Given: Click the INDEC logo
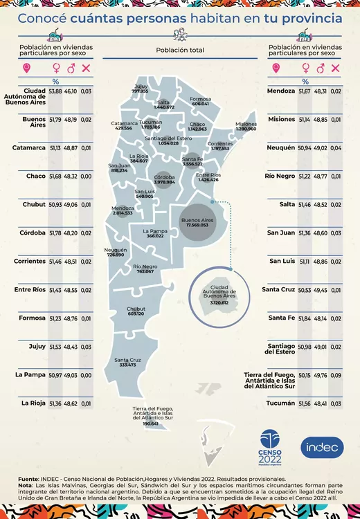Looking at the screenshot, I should pyautogui.click(x=322, y=448).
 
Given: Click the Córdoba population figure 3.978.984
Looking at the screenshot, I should pyautogui.click(x=165, y=182).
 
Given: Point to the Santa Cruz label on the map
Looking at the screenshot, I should pyautogui.click(x=128, y=360).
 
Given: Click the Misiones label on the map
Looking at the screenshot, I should pyautogui.click(x=246, y=124).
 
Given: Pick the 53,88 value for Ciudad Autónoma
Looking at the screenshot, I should pyautogui.click(x=55, y=91).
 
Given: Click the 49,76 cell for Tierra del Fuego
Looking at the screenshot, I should pyautogui.click(x=321, y=375).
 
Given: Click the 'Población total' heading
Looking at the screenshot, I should pyautogui.click(x=180, y=50).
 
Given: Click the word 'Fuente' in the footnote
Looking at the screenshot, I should pyautogui.click(x=28, y=478).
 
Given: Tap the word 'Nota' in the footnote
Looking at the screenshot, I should pyautogui.click(x=26, y=485).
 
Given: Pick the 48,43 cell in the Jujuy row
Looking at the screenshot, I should pyautogui.click(x=71, y=346).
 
